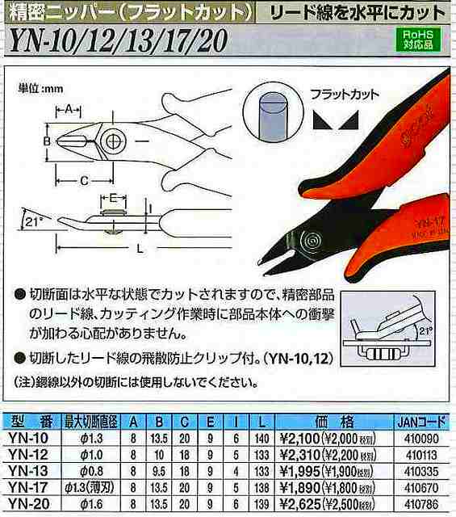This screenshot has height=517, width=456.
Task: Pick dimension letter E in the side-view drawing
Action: coord(114,197)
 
